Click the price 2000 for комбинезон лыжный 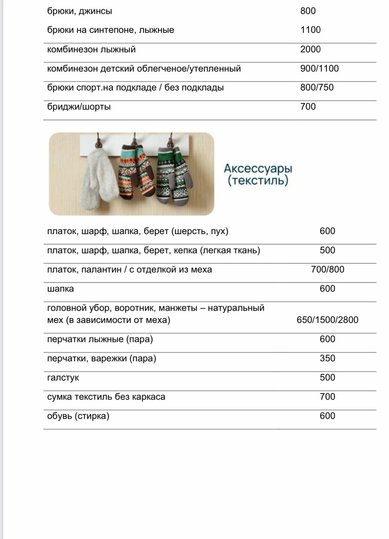click(x=310, y=50)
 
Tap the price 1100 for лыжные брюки click(x=310, y=30)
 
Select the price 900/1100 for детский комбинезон click(x=319, y=69)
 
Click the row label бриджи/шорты click(x=79, y=107)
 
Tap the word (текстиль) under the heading click(x=258, y=181)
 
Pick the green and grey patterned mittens click(x=173, y=173)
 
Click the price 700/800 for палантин click(x=327, y=269)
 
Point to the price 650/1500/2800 click(x=327, y=320)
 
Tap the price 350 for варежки click(x=327, y=358)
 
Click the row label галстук click(x=63, y=378)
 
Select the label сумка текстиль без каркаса click(x=106, y=397)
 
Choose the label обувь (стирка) click(x=78, y=416)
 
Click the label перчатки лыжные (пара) click(x=100, y=339)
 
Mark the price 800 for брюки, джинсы click(x=308, y=11)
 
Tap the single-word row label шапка click(x=60, y=289)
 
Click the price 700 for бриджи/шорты click(x=308, y=107)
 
